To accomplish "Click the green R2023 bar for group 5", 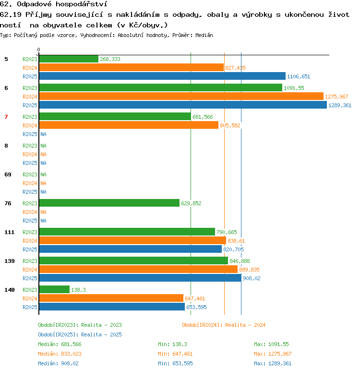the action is pos(69,59).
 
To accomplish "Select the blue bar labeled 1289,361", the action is pos(183,105).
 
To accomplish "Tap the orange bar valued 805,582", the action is pos(129,125).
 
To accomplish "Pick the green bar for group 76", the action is pos(109,203).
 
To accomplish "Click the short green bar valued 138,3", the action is pos(54,289).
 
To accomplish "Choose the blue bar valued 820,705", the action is pos(131,249).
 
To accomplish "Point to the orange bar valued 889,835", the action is pos(138,269).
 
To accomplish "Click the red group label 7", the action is pos(6,117).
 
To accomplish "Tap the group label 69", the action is pos(8,174).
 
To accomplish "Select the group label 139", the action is pos(10,261).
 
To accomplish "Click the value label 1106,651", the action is pos(299,76).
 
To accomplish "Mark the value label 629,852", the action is pos(191,203).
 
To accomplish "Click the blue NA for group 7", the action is pos(43,134).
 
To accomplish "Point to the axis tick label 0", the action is pos(38,50).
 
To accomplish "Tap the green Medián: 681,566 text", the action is pos(60,344).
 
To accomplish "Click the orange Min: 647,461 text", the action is pos(175,354).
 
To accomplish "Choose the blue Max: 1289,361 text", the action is pos(273,363).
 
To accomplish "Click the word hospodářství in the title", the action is pos(82,4).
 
